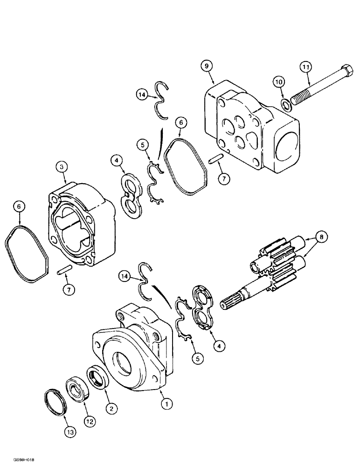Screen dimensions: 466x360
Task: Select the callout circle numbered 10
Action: (278, 82)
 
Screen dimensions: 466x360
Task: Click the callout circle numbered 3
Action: (61, 166)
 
